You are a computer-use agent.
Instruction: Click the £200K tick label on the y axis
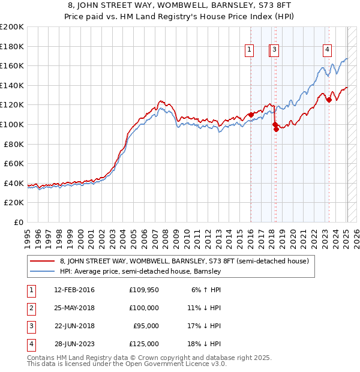[x=12, y=27]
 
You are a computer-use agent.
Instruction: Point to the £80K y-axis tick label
[x=14, y=144]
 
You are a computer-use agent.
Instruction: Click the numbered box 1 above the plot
[x=248, y=50]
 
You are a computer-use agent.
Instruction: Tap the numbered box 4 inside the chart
[x=328, y=50]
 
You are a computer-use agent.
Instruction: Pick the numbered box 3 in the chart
[x=274, y=50]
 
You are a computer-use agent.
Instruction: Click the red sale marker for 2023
[x=329, y=100]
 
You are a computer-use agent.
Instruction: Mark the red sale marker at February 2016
[x=251, y=115]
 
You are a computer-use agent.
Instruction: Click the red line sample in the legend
[x=43, y=261]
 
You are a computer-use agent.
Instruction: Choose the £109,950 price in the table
[x=144, y=290]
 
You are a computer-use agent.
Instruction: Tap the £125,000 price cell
[x=144, y=344]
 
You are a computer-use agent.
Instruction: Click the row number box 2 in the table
[x=31, y=308]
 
